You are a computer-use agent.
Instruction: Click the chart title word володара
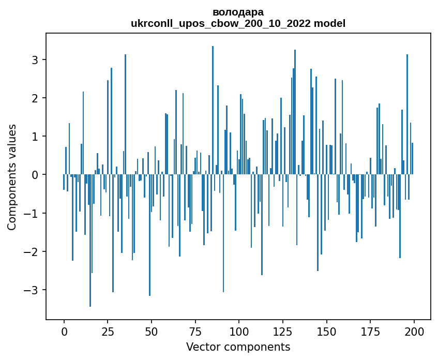click(x=238, y=12)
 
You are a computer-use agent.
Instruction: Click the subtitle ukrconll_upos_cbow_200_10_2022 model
click(x=238, y=23)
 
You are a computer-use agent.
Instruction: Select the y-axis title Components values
click(x=12, y=177)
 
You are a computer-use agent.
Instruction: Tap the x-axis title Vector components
click(x=238, y=347)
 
